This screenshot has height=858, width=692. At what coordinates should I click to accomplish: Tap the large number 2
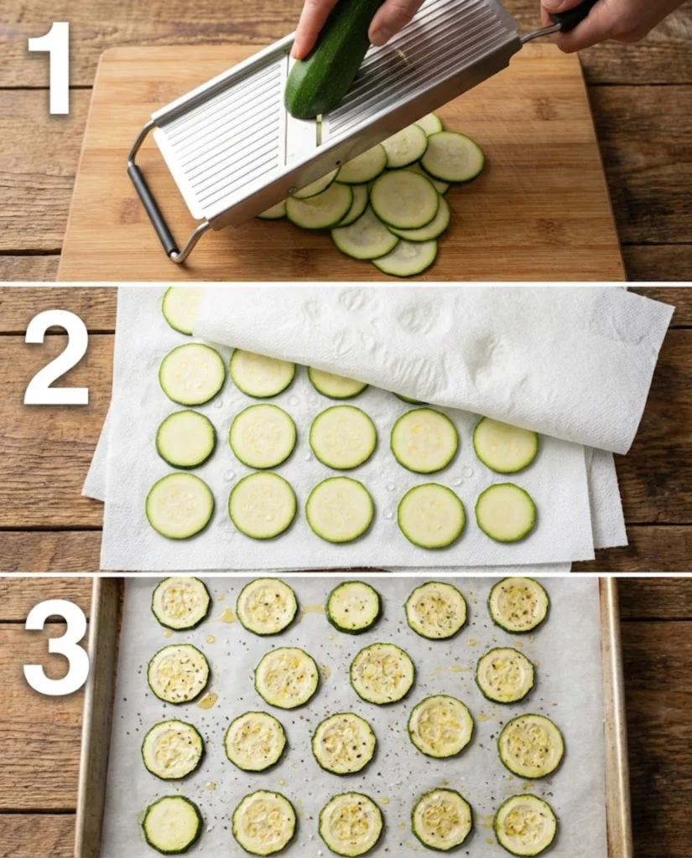56,358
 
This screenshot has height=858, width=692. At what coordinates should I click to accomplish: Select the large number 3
56,647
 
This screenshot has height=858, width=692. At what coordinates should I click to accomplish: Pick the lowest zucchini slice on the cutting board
405,257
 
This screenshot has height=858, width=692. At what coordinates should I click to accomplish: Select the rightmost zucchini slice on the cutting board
452,157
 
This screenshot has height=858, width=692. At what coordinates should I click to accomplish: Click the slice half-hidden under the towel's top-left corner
181,308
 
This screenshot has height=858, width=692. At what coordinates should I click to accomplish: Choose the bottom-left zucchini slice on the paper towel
180,505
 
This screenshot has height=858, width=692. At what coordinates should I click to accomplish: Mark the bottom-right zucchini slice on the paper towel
506,512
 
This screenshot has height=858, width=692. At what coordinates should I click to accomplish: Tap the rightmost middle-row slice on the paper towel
506,445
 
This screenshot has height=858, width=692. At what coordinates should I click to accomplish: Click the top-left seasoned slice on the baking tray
181,602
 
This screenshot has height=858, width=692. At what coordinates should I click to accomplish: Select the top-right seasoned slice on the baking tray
518,603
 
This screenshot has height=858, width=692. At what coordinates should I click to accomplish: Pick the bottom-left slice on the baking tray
172,824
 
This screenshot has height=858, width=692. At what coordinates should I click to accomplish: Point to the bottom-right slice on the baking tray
525,824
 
